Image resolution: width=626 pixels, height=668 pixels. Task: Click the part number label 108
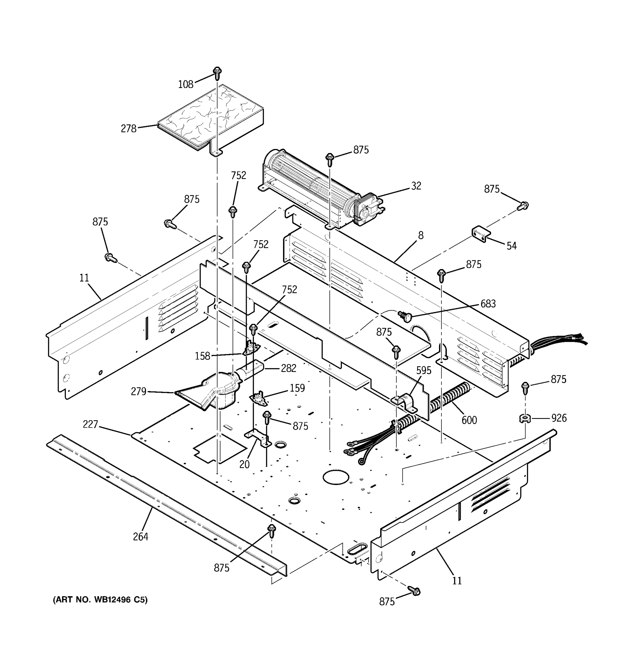[x=185, y=84]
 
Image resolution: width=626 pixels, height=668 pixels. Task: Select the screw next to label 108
[x=217, y=73]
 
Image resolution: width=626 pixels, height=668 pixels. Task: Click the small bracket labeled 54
[x=481, y=234]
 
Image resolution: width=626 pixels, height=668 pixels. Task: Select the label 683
[x=488, y=304]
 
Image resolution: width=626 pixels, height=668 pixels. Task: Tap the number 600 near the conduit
[x=469, y=420]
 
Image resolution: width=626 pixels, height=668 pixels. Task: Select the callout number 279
[x=138, y=391]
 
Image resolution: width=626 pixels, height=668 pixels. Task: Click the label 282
[x=288, y=368]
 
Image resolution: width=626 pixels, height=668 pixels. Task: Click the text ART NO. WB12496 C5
[x=100, y=600]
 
